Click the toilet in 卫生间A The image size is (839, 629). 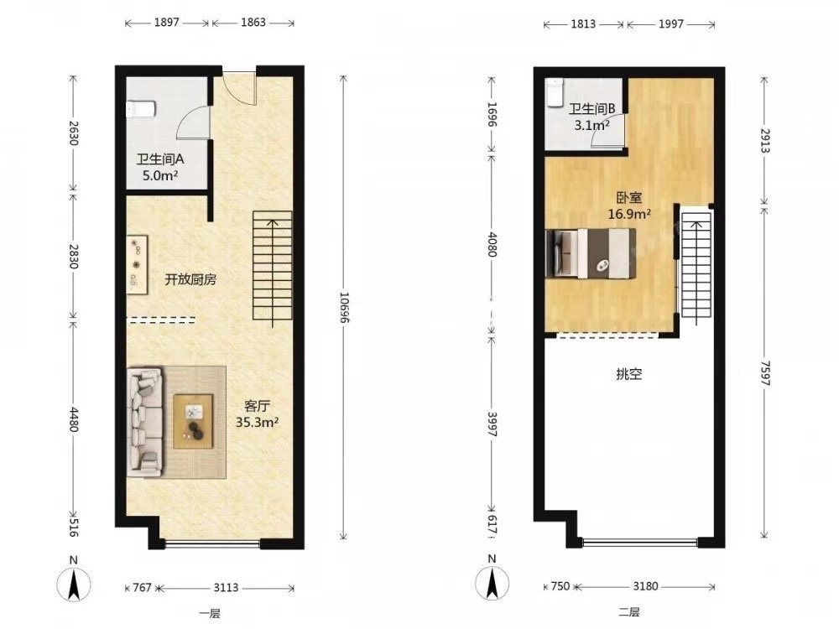[141, 109]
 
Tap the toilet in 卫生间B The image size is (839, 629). [555, 92]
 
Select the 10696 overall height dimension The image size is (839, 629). [343, 308]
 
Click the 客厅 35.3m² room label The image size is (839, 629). [257, 414]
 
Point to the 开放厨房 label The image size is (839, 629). [190, 279]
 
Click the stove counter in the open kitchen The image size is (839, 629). [137, 264]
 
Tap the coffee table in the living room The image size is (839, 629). [193, 421]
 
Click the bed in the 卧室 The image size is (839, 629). [591, 253]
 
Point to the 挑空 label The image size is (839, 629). [628, 374]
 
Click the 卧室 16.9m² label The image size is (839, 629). [629, 206]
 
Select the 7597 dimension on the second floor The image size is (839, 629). [764, 373]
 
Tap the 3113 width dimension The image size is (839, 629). [226, 588]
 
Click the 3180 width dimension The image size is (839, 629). [645, 586]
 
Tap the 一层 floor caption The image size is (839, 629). [210, 614]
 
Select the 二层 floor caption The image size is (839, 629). [629, 612]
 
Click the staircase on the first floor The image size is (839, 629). [273, 266]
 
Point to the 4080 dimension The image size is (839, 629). [492, 244]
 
